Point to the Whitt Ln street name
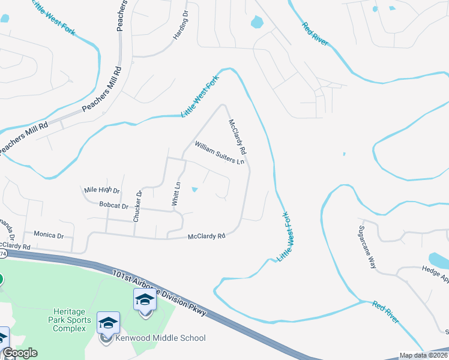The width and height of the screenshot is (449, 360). [176, 194]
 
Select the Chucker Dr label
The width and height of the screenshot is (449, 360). [137, 206]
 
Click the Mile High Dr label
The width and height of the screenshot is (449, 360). [102, 190]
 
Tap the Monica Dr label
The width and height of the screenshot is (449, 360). [49, 235]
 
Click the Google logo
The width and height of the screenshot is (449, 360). [19, 353]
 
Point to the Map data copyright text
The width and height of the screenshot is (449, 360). [424, 355]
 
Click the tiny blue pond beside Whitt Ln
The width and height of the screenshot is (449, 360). [194, 190]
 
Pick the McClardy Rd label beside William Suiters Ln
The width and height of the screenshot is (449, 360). [237, 136]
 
